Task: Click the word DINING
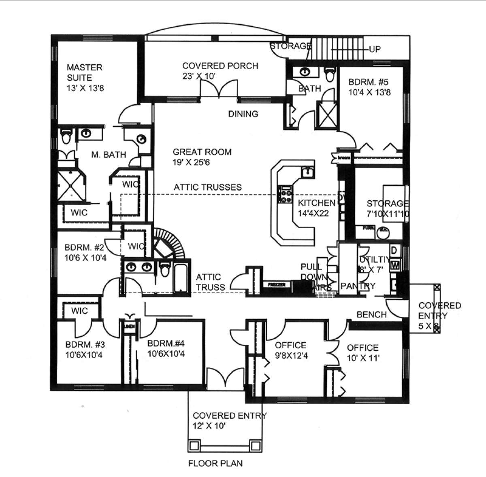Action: (243, 114)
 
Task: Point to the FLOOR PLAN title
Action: (215, 463)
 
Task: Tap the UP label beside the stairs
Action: (375, 49)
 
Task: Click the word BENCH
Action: (371, 314)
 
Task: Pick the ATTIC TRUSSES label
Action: (208, 187)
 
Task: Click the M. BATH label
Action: (109, 154)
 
